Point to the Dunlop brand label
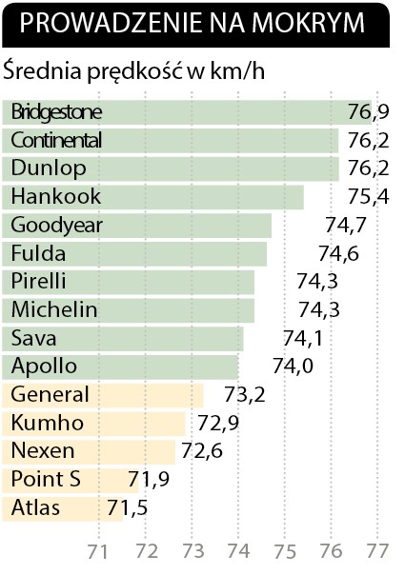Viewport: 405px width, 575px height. (x=49, y=169)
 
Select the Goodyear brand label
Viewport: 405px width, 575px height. (x=56, y=226)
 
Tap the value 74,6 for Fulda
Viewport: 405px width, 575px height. (x=338, y=253)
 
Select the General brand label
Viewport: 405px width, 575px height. (x=50, y=394)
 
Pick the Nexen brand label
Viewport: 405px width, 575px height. (x=43, y=450)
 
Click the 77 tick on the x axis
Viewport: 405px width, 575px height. (x=377, y=551)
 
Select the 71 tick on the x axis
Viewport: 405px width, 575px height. (x=97, y=551)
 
